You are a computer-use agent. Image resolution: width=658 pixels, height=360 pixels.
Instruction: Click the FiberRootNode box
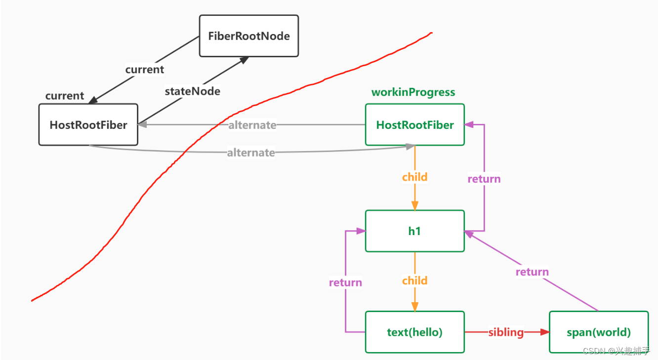click(x=249, y=36)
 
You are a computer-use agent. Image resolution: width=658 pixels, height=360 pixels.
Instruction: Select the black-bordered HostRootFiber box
click(x=88, y=125)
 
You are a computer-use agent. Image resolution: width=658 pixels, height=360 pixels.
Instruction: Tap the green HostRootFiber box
click(x=415, y=125)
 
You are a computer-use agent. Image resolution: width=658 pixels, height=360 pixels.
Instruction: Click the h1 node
click(x=415, y=231)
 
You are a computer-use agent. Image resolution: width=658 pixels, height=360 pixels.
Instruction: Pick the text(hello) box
click(x=415, y=332)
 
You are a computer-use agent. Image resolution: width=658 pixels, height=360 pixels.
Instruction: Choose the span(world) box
click(x=599, y=332)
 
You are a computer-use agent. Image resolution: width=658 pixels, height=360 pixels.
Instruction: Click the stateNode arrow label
click(x=192, y=91)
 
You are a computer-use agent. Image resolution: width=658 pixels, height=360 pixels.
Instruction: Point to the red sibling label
click(x=506, y=332)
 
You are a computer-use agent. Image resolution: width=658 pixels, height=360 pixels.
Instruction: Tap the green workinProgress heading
click(x=413, y=92)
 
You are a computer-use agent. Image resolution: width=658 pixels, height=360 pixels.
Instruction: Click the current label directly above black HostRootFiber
click(x=65, y=96)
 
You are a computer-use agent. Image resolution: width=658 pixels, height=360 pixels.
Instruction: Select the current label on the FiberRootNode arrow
click(x=144, y=70)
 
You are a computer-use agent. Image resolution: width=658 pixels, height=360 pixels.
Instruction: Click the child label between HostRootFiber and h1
click(x=415, y=177)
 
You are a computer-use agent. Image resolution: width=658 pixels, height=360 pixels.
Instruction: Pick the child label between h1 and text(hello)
click(x=415, y=280)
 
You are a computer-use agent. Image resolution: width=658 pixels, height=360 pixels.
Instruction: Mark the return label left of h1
click(x=345, y=282)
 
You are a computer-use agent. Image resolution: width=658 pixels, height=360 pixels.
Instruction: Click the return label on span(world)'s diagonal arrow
click(x=532, y=272)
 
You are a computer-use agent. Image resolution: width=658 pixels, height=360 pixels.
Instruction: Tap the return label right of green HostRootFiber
click(x=484, y=179)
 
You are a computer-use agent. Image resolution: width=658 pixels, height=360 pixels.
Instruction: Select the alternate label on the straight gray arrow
click(x=252, y=125)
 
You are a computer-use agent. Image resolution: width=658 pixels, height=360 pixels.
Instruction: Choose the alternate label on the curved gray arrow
click(x=251, y=153)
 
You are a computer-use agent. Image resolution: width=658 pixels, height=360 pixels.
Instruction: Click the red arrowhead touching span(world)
click(x=545, y=332)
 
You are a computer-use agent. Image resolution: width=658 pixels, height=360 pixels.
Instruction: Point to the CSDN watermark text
click(x=616, y=351)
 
